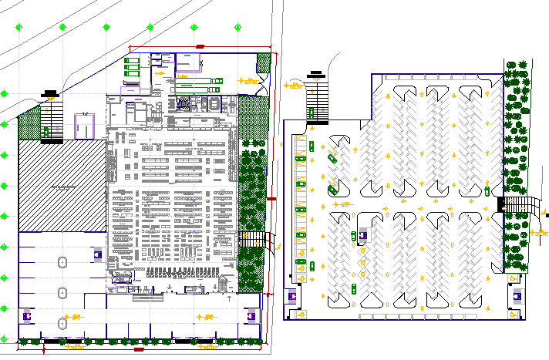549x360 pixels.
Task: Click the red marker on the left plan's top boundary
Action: point(200,48)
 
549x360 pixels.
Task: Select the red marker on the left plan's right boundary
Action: point(271,199)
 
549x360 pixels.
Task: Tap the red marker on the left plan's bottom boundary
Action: point(140,351)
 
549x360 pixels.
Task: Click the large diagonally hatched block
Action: point(62,186)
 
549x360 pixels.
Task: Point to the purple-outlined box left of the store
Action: point(83,125)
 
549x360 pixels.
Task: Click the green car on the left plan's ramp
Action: point(46,133)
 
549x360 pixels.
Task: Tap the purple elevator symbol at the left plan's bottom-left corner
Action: point(28,314)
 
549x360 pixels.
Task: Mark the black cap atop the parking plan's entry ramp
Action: point(317,75)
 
